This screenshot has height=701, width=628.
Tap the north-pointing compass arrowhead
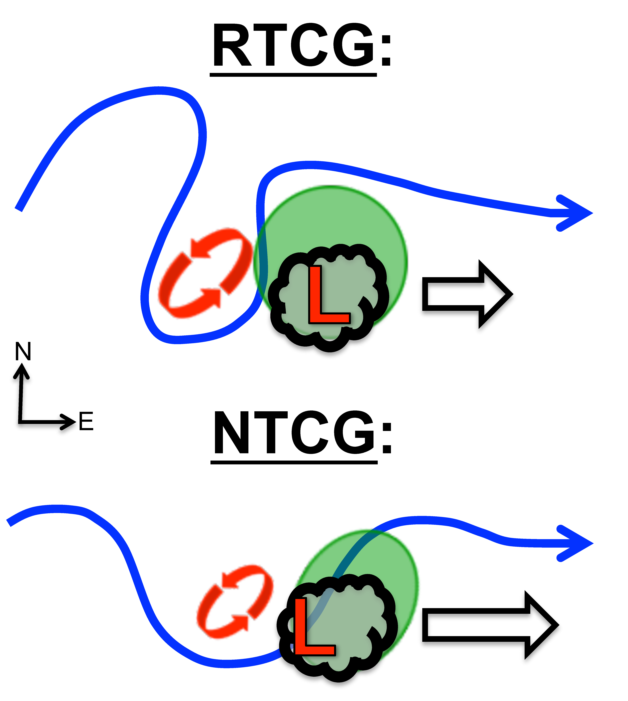[x=22, y=371]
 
